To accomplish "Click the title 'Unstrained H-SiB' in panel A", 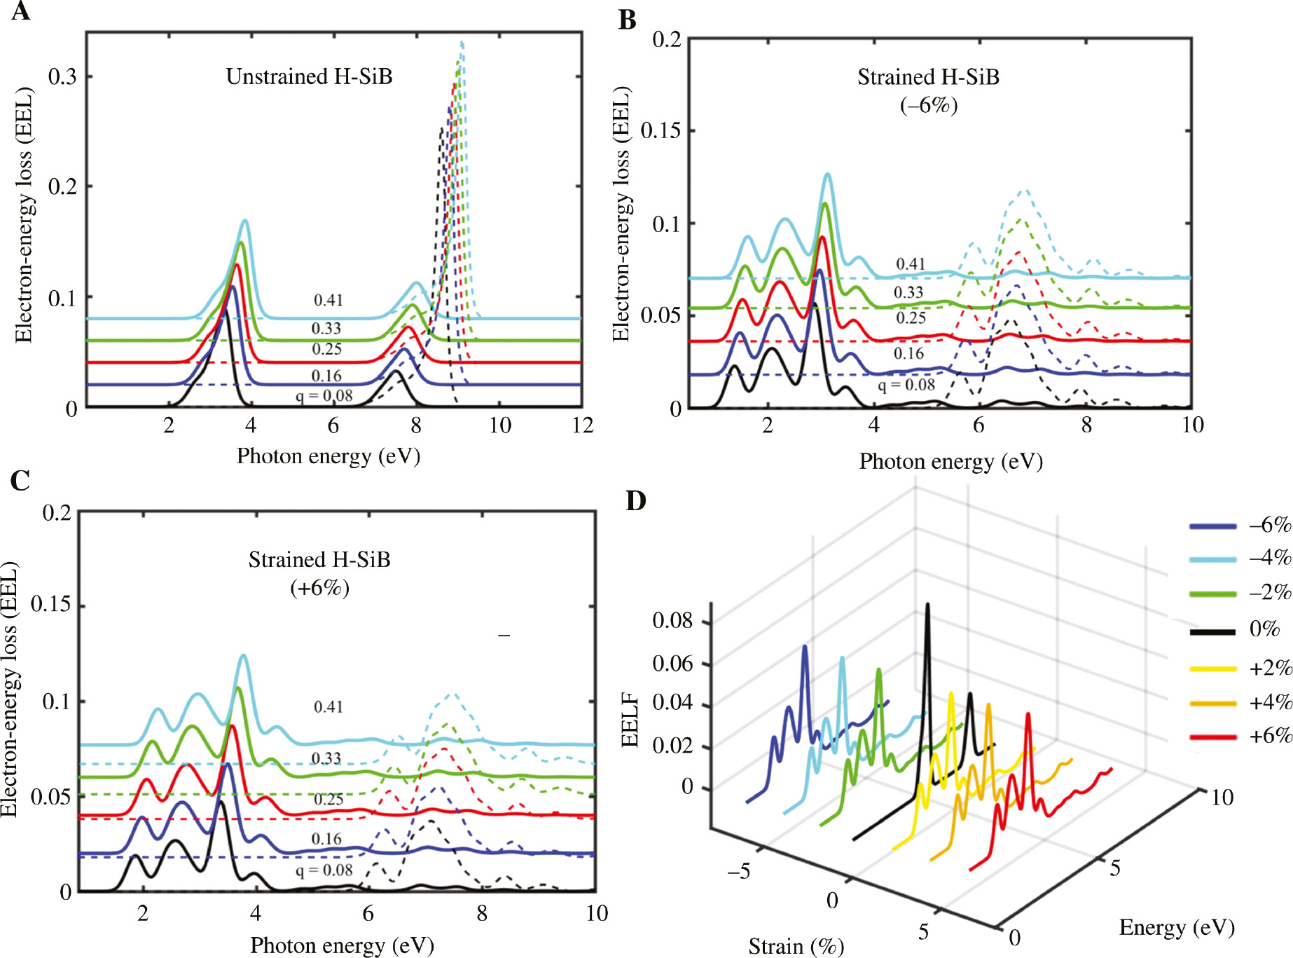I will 309,76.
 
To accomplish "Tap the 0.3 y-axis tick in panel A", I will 62,76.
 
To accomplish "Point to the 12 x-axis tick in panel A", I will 582,425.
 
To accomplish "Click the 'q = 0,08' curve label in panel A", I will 324,396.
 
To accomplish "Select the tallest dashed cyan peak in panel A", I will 462,43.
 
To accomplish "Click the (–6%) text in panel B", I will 928,106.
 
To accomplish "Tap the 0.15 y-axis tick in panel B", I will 661,130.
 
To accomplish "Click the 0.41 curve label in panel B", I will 911,264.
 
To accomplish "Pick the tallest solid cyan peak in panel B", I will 828,175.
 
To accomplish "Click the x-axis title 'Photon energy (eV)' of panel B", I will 950,461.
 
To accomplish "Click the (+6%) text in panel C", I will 319,587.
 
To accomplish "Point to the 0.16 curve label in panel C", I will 326,839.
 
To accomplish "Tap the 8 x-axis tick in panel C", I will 482,913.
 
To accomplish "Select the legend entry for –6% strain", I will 1240,526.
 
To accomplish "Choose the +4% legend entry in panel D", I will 1240,702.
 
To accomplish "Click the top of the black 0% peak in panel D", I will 928,604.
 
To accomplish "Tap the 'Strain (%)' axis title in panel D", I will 796,946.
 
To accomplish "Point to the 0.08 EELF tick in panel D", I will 672,620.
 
